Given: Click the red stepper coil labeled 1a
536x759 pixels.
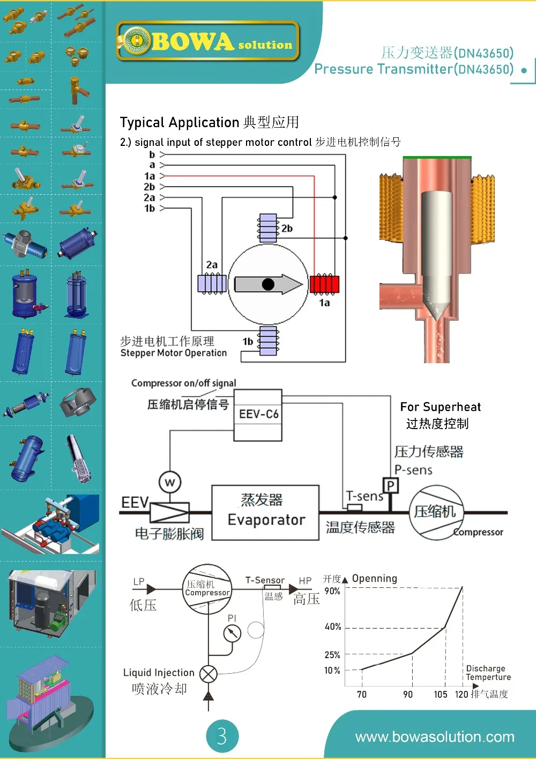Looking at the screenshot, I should pyautogui.click(x=324, y=284).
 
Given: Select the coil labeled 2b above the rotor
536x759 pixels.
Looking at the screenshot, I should pyautogui.click(x=268, y=228).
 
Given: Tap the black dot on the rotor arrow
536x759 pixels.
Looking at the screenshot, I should pyautogui.click(x=269, y=284).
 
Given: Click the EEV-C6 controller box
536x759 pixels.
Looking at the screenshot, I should pyautogui.click(x=258, y=415).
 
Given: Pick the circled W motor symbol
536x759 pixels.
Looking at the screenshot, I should pyautogui.click(x=170, y=482).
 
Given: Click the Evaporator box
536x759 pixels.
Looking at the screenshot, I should pyautogui.click(x=265, y=512).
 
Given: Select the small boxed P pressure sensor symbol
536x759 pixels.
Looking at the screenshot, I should pyautogui.click(x=391, y=486).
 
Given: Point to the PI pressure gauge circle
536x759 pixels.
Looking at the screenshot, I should pyautogui.click(x=232, y=633).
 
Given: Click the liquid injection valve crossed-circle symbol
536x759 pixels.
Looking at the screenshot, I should pyautogui.click(x=208, y=674).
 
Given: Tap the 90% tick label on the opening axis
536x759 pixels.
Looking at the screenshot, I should pyautogui.click(x=332, y=591).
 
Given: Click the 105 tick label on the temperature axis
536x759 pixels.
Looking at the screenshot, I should pyautogui.click(x=441, y=695).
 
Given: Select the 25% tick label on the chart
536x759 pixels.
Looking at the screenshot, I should pyautogui.click(x=332, y=655).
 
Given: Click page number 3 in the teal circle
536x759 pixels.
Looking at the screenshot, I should pyautogui.click(x=222, y=736).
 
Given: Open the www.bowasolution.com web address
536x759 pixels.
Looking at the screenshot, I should pyautogui.click(x=434, y=737).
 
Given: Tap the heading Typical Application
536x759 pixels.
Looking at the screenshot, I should pyautogui.click(x=180, y=122).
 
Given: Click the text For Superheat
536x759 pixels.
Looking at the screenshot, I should pyautogui.click(x=440, y=407).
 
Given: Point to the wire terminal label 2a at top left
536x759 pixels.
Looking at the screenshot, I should pyautogui.click(x=149, y=197).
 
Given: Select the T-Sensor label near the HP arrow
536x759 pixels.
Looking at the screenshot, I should pyautogui.click(x=265, y=580).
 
